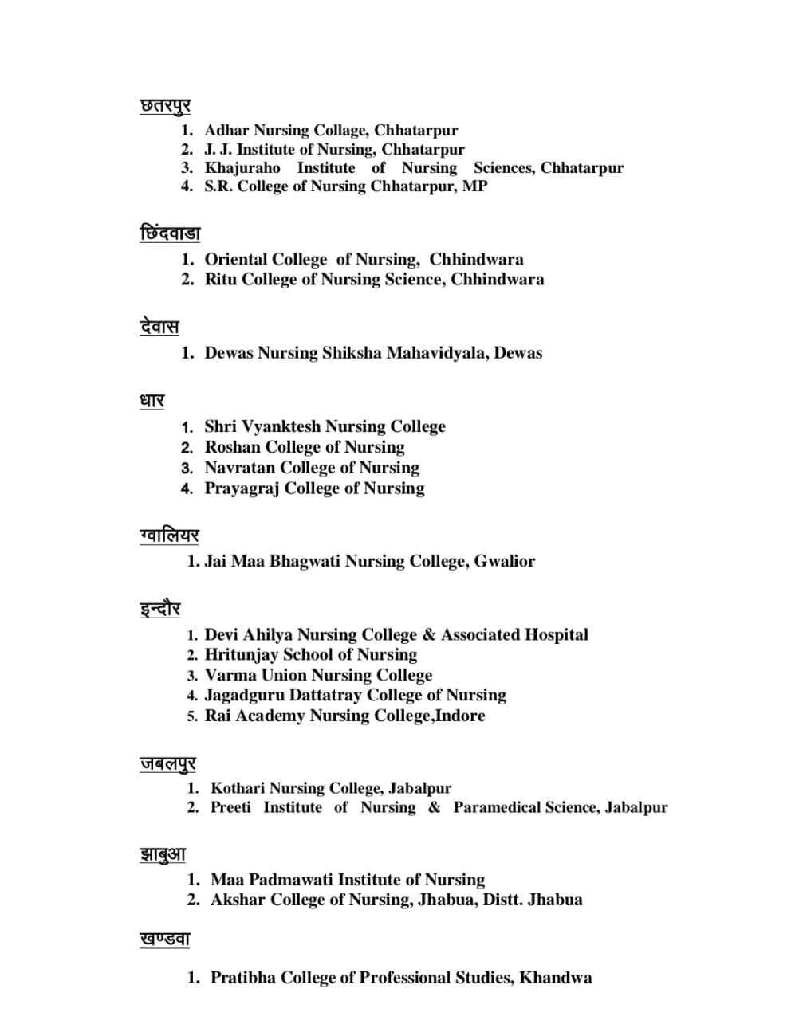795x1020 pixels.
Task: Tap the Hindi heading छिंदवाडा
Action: [170, 234]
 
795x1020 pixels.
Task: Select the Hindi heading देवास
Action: [159, 328]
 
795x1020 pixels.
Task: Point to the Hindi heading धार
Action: [152, 401]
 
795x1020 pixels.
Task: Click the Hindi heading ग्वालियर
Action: [169, 535]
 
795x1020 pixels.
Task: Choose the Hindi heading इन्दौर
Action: [160, 610]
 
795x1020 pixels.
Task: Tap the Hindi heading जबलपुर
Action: [167, 764]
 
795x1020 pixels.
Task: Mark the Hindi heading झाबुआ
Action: [163, 855]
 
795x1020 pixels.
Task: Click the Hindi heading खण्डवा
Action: [165, 940]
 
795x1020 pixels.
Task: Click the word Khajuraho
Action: [242, 168]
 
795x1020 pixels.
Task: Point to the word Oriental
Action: [235, 260]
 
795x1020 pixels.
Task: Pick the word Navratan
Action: [239, 468]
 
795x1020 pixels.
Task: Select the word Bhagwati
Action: [305, 561]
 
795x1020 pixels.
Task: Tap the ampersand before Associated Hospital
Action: [429, 635]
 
